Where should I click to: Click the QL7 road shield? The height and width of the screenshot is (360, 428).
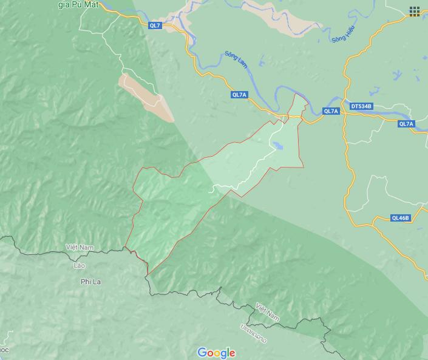point(155,25)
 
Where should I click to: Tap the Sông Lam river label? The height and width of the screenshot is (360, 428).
point(237,59)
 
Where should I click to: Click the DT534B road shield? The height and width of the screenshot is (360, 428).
point(361,107)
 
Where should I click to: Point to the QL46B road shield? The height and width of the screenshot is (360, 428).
point(400,218)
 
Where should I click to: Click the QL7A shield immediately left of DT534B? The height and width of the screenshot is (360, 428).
point(330,111)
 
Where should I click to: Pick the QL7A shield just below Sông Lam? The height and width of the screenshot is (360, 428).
point(239,95)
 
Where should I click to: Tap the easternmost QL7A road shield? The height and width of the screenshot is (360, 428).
point(406,124)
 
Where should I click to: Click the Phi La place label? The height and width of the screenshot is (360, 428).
point(90,282)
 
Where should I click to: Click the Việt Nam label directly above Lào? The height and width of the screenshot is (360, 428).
point(81,248)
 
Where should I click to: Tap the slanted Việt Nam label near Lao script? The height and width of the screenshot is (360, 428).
point(268,312)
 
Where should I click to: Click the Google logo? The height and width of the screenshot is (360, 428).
point(216,353)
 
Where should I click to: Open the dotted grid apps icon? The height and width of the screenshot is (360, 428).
point(415,12)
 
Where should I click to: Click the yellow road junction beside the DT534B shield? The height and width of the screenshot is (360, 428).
point(344,107)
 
